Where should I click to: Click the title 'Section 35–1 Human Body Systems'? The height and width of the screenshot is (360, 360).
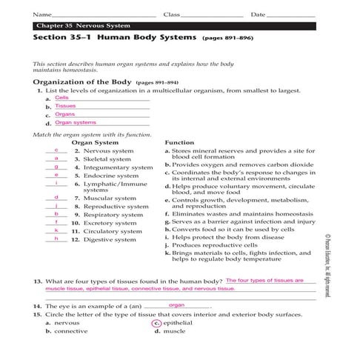coord(111,37)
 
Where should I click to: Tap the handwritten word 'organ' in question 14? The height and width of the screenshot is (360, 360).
coord(176,304)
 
